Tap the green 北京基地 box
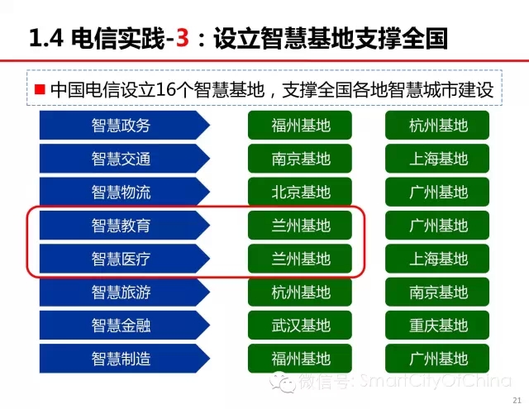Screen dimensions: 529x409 pyautogui.click(x=300, y=192)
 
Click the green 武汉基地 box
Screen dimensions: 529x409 pyautogui.click(x=300, y=325)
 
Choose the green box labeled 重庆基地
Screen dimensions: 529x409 pyautogui.click(x=437, y=325)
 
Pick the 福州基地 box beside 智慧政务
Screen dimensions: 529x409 pyautogui.click(x=300, y=125)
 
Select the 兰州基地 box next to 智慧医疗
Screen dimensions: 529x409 pyautogui.click(x=300, y=259)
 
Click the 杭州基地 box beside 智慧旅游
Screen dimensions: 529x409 pyautogui.click(x=300, y=292)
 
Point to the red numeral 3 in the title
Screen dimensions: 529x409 pyautogui.click(x=182, y=38)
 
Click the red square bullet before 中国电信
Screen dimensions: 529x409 pyautogui.click(x=40, y=89)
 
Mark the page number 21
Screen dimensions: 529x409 pyautogui.click(x=517, y=400)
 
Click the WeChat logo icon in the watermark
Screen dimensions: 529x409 pyautogui.click(x=281, y=383)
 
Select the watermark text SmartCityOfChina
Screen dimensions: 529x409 pyautogui.click(x=436, y=381)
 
